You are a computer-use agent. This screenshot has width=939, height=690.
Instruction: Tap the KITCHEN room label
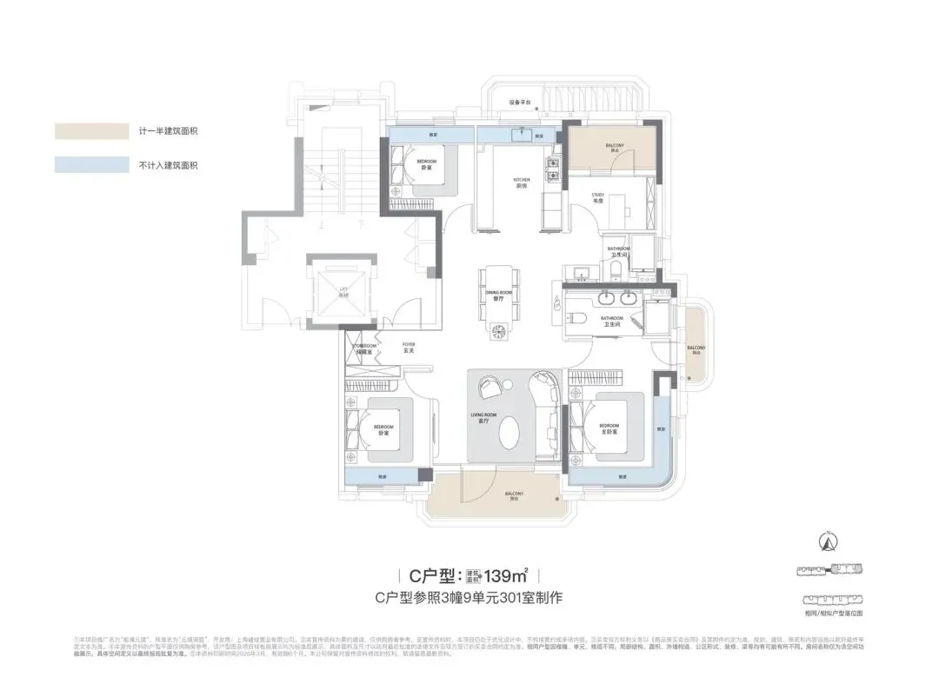(x=522, y=182)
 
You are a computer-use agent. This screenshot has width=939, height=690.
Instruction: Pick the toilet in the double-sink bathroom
(x=581, y=318)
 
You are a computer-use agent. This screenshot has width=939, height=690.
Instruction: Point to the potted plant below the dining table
(x=500, y=330)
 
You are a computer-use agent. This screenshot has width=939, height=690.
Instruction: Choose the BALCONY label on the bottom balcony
(x=515, y=496)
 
